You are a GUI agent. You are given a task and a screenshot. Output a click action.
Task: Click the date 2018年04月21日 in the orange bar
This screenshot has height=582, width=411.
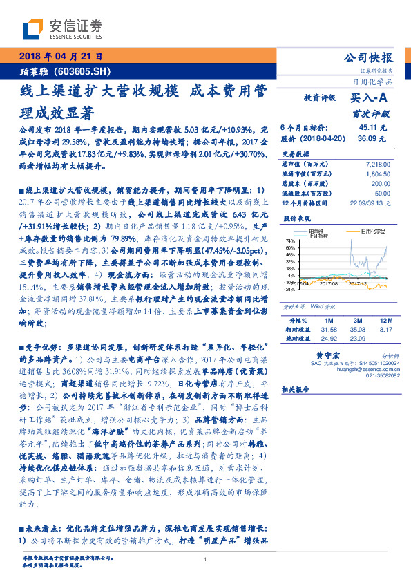[x=60, y=57]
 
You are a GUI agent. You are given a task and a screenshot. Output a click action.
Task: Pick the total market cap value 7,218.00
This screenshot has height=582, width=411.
[x=373, y=164]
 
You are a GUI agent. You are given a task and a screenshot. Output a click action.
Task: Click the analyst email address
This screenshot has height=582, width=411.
[x=364, y=369]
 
